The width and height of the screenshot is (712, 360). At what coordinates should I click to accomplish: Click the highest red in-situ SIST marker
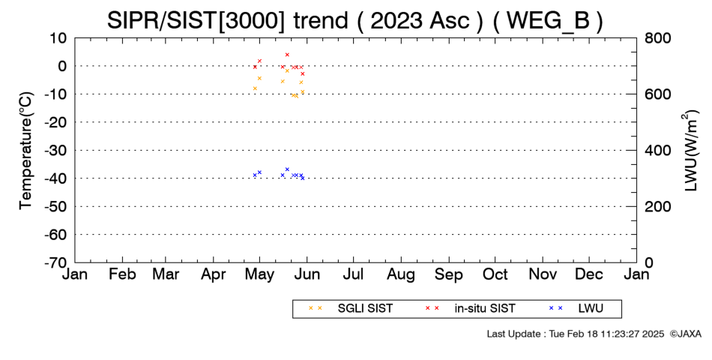[x=287, y=55]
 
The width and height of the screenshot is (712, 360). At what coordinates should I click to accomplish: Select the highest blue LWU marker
[x=287, y=169]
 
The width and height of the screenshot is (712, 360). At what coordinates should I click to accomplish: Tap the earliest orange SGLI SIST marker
[x=255, y=88]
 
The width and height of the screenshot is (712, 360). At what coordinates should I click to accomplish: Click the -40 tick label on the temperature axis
[x=55, y=178]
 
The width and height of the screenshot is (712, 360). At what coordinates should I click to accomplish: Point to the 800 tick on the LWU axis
[x=658, y=37]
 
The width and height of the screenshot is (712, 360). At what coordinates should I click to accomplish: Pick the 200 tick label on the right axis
[x=658, y=206]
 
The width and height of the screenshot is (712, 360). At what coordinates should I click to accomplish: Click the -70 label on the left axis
[x=55, y=262]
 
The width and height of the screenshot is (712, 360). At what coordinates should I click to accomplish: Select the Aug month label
[x=401, y=274]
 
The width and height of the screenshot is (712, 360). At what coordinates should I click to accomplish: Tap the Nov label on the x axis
[x=543, y=274]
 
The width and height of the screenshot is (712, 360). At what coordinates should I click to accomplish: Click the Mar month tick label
[x=166, y=274]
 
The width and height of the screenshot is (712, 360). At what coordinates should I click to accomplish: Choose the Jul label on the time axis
[x=353, y=274]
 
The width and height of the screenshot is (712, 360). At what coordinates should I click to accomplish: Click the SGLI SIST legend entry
[x=365, y=309]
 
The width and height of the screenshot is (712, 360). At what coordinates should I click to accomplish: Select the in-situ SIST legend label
[x=485, y=309]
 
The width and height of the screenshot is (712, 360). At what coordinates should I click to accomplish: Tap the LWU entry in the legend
[x=591, y=309]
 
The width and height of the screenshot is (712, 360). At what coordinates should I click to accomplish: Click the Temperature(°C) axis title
[x=26, y=151]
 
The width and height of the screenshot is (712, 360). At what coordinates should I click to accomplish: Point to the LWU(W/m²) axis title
[x=690, y=151]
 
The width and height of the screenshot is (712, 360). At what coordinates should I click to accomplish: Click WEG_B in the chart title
[x=547, y=20]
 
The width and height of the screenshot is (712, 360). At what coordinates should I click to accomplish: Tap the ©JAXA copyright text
[x=685, y=334]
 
